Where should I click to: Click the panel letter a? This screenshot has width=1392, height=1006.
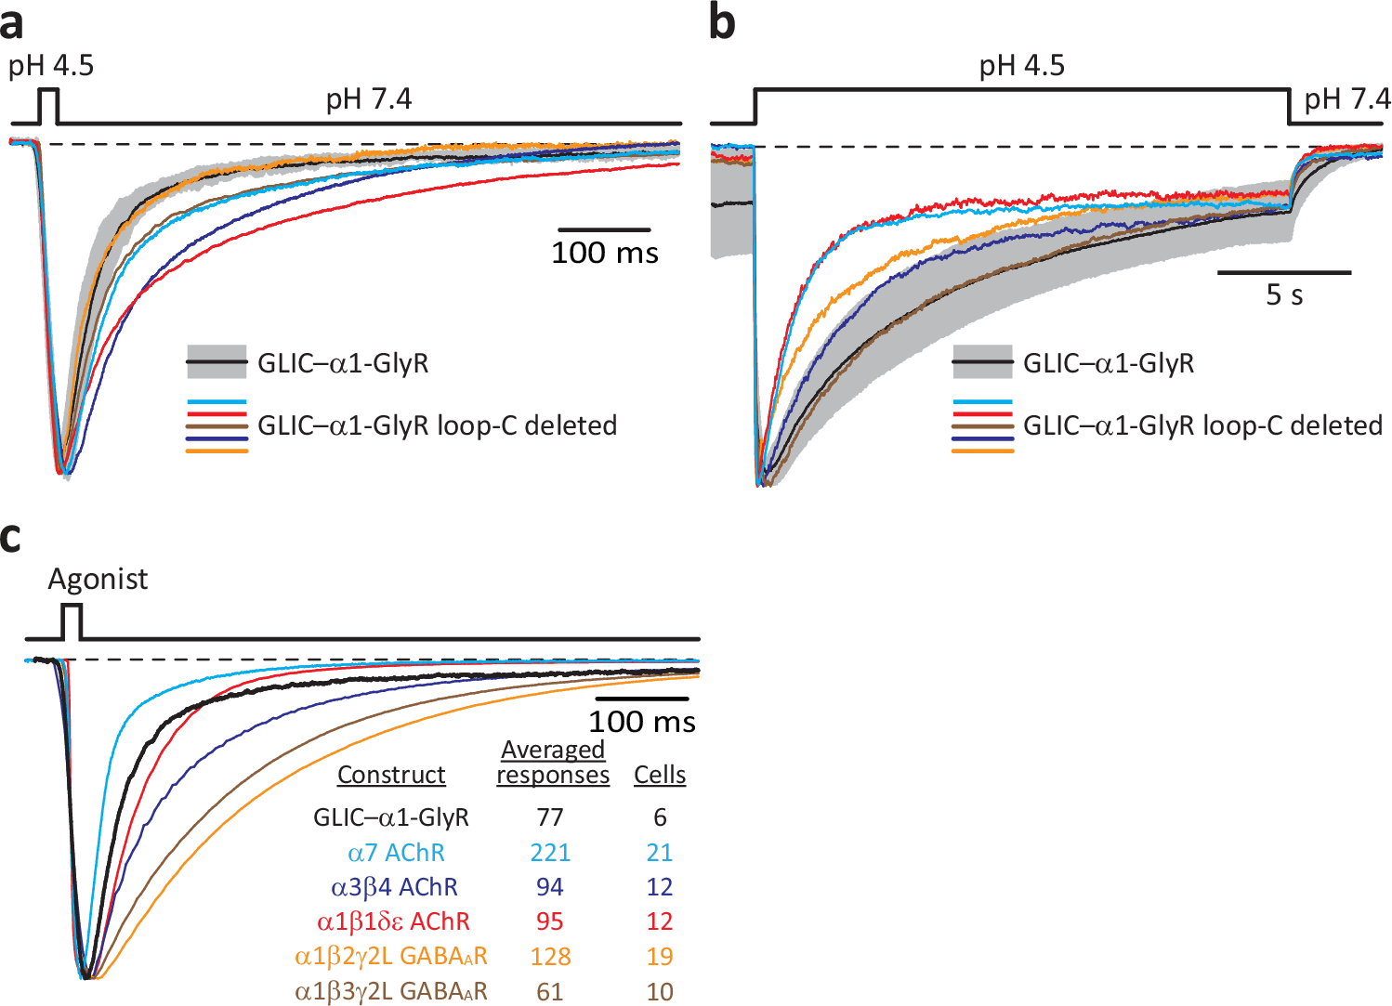[12, 24]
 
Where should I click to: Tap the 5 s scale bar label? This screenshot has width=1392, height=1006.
[1284, 295]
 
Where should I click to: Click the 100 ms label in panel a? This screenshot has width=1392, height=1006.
[604, 253]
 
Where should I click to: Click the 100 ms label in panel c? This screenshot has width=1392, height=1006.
[641, 722]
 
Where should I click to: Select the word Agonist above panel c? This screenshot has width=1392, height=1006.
[98, 580]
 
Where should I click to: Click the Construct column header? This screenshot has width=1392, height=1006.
[391, 775]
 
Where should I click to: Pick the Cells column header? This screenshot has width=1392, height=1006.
[660, 775]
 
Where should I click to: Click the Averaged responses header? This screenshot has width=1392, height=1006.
[553, 763]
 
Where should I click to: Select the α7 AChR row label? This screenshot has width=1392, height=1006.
[396, 853]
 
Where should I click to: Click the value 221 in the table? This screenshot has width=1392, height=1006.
[550, 853]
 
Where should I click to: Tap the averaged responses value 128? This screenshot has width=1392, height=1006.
[550, 957]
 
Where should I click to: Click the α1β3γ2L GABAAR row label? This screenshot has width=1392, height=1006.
[391, 991]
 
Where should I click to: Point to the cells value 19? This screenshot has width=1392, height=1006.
[660, 957]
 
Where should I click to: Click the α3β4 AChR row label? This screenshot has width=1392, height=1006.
[394, 887]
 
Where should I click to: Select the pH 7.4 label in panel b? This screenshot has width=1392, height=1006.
[1346, 99]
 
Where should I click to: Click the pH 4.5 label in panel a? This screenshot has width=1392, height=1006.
[51, 66]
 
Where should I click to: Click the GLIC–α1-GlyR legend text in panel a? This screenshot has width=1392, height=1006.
[343, 363]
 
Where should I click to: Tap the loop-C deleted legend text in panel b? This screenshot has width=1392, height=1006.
[1202, 425]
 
